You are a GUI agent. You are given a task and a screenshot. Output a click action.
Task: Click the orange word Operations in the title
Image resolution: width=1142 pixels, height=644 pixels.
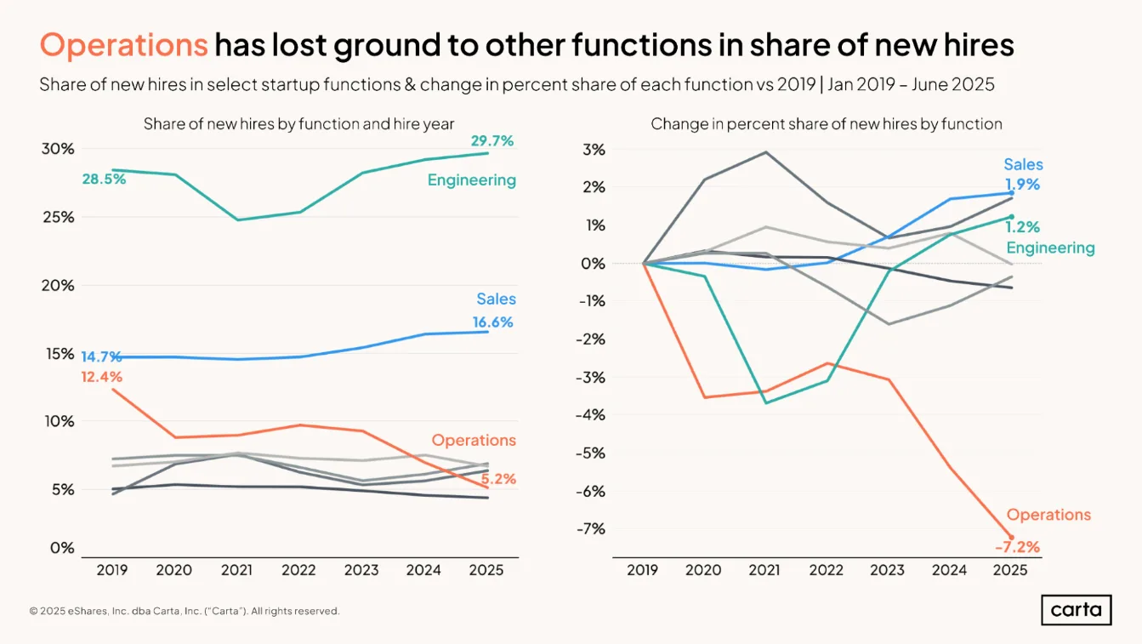point(124,45)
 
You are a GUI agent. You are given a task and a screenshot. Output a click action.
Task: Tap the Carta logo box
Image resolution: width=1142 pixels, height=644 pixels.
point(1077,609)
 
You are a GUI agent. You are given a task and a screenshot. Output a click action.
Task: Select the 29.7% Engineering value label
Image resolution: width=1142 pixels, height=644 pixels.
point(492,140)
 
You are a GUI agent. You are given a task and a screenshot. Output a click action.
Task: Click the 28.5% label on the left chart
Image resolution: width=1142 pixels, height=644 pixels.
point(104,179)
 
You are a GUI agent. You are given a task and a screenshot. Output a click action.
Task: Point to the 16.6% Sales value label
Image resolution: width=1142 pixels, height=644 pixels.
point(492,322)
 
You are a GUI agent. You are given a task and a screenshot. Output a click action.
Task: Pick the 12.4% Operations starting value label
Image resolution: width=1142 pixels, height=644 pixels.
point(101,377)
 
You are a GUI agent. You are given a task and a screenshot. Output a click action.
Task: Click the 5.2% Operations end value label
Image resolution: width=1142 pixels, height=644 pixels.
point(498,479)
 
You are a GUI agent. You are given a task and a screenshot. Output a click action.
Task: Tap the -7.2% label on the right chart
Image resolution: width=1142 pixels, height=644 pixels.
point(1017,547)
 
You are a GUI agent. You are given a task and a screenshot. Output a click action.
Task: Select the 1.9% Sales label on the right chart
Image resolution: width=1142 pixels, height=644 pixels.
point(1022,184)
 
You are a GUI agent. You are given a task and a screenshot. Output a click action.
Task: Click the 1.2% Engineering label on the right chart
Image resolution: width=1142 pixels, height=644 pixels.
point(1022,226)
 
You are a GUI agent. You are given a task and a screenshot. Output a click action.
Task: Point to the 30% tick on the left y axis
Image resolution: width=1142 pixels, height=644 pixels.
point(58,149)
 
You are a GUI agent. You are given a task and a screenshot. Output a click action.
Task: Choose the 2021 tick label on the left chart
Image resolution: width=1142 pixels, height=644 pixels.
point(236,569)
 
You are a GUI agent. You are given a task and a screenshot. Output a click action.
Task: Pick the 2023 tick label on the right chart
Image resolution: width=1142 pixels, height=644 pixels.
point(888,569)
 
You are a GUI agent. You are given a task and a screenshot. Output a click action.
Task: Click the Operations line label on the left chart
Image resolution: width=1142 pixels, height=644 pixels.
point(474,440)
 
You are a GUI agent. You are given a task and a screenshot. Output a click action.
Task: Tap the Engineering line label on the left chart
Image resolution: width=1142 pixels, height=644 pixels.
point(472,180)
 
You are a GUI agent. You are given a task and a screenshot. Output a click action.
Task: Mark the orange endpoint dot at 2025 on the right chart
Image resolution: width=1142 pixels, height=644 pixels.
point(1012,538)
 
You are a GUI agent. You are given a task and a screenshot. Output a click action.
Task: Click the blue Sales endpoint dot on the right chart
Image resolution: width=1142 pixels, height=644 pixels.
point(1012,193)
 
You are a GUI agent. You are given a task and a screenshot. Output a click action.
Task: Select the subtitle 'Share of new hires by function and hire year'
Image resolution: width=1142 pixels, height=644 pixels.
point(298,124)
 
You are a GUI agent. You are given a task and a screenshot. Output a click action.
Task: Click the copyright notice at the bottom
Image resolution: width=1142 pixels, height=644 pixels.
point(185,611)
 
